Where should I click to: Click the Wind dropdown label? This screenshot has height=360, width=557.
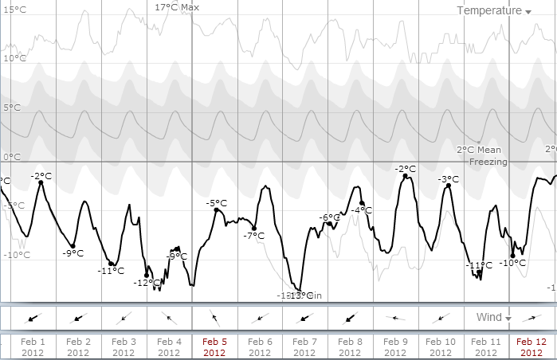click(x=489, y=317)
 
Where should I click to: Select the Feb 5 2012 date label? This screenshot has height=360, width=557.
click(x=215, y=346)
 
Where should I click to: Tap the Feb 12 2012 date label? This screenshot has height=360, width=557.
click(x=531, y=346)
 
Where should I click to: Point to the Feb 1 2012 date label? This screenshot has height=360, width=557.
click(x=33, y=346)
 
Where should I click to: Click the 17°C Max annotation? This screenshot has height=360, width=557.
click(x=177, y=6)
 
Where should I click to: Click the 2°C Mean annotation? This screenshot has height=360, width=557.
click(x=478, y=149)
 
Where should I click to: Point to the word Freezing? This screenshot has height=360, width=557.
click(x=488, y=162)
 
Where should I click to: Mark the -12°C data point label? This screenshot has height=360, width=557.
click(x=147, y=283)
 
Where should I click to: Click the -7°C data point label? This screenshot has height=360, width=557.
click(x=253, y=236)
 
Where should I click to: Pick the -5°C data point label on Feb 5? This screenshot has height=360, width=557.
click(x=216, y=203)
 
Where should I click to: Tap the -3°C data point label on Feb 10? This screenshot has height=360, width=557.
click(x=449, y=179)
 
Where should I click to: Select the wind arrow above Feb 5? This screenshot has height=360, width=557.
click(x=215, y=318)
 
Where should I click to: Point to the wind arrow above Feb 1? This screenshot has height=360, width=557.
click(x=33, y=318)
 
